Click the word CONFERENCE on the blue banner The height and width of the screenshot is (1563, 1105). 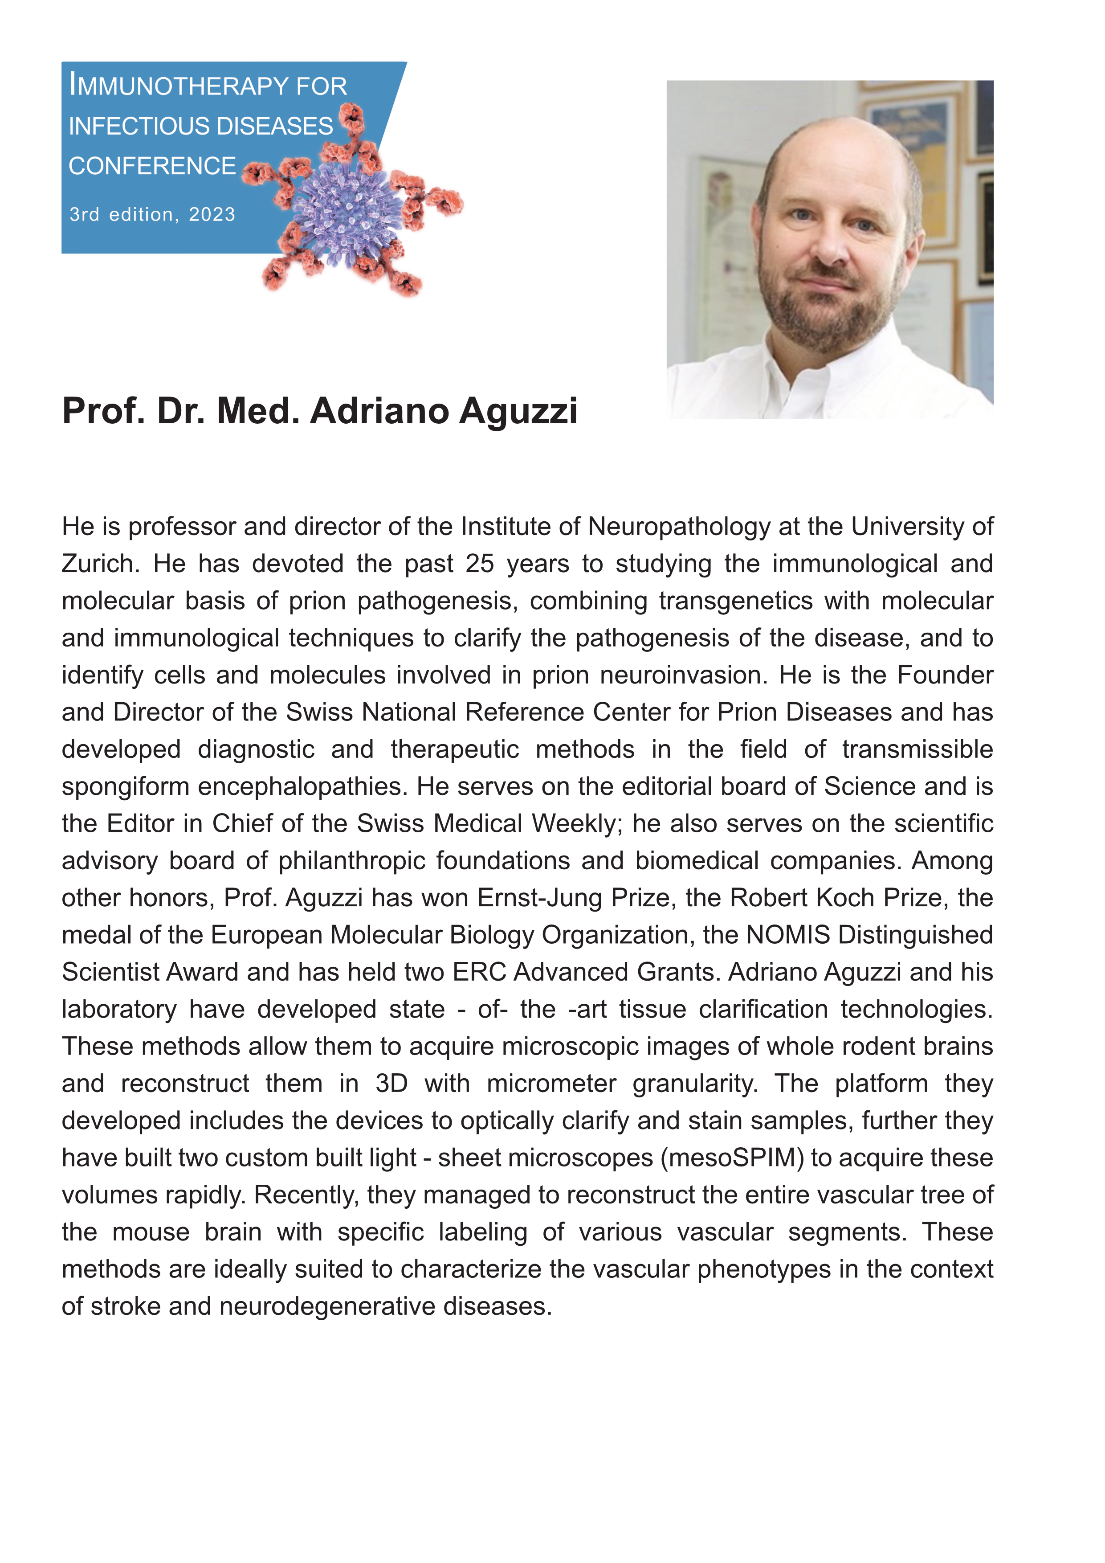tap(152, 166)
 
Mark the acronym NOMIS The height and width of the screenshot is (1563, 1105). tap(788, 935)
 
